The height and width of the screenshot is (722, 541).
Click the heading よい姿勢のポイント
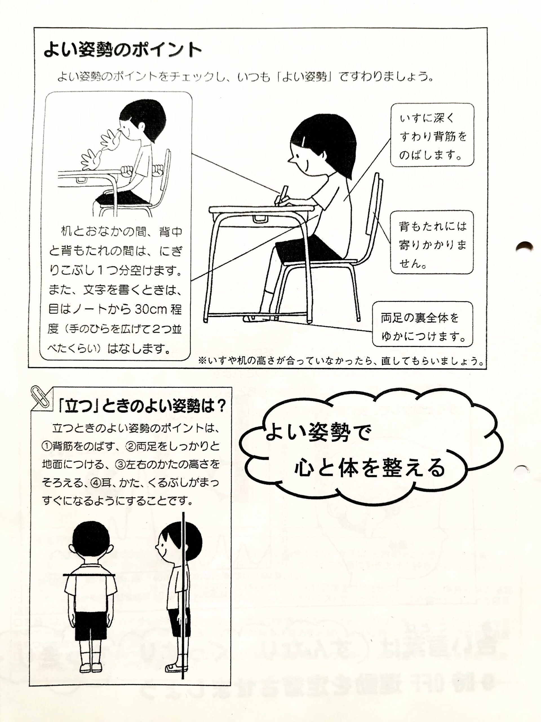pyautogui.click(x=123, y=50)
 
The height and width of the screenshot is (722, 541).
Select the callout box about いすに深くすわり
pyautogui.click(x=432, y=135)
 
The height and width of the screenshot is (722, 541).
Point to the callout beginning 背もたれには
pyautogui.click(x=432, y=242)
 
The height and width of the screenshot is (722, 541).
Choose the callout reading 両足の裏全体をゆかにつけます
pyautogui.click(x=423, y=324)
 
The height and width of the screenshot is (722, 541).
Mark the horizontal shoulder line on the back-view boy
pyautogui.click(x=89, y=574)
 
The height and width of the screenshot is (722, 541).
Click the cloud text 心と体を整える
pyautogui.click(x=369, y=467)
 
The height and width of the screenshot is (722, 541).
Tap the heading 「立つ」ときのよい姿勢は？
pyautogui.click(x=141, y=407)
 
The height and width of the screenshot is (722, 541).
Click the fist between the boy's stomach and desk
pyautogui.click(x=127, y=170)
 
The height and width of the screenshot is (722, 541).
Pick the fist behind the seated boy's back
pyautogui.click(x=159, y=170)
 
